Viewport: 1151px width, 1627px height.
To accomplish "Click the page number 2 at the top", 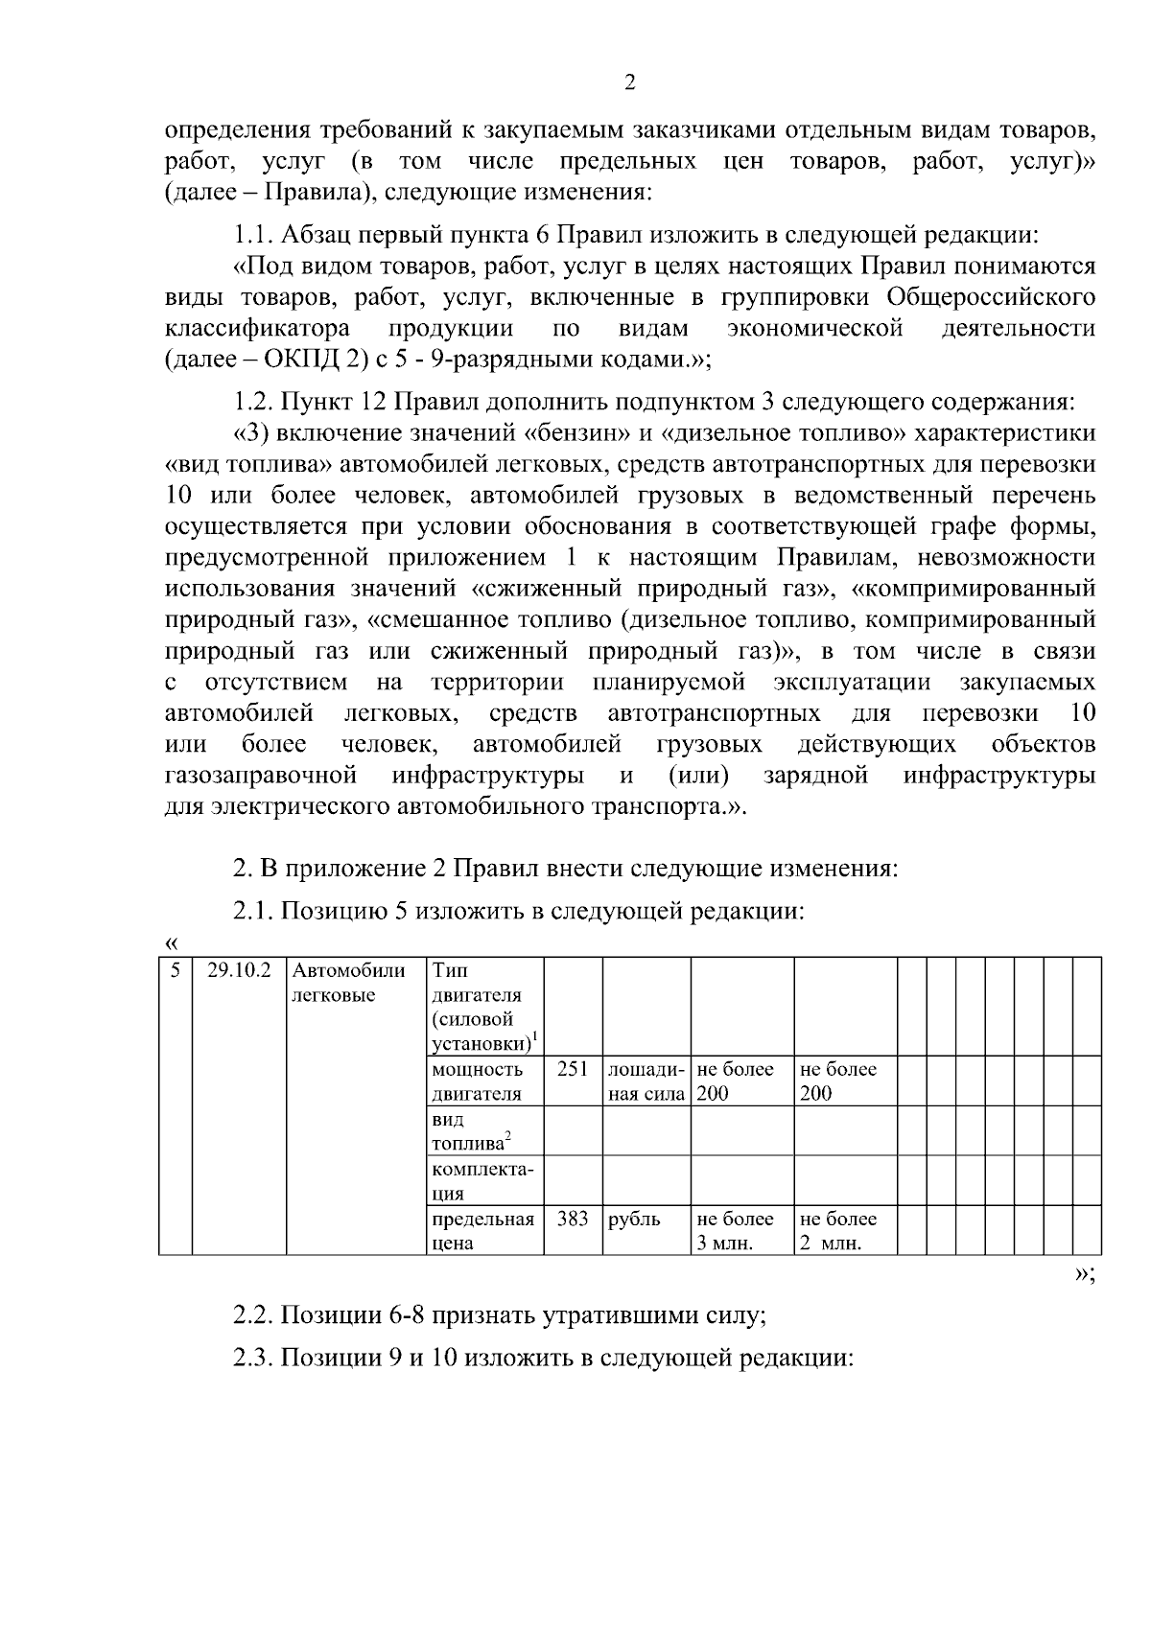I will pyautogui.click(x=630, y=83).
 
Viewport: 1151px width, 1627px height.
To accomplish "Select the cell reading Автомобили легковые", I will pyautogui.click(x=349, y=982).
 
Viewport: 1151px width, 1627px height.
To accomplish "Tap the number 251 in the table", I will pyautogui.click(x=572, y=1069).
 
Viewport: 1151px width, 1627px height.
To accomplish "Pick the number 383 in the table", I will pyautogui.click(x=572, y=1220).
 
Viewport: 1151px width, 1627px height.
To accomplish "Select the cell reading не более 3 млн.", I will pyautogui.click(x=736, y=1232).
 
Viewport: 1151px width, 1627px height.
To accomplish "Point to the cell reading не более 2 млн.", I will pyautogui.click(x=838, y=1232).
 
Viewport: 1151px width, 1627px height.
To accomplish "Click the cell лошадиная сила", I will pyautogui.click(x=646, y=1081).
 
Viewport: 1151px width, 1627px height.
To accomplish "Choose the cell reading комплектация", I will pyautogui.click(x=482, y=1182).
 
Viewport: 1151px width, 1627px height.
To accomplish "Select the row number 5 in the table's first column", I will pyautogui.click(x=175, y=969).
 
